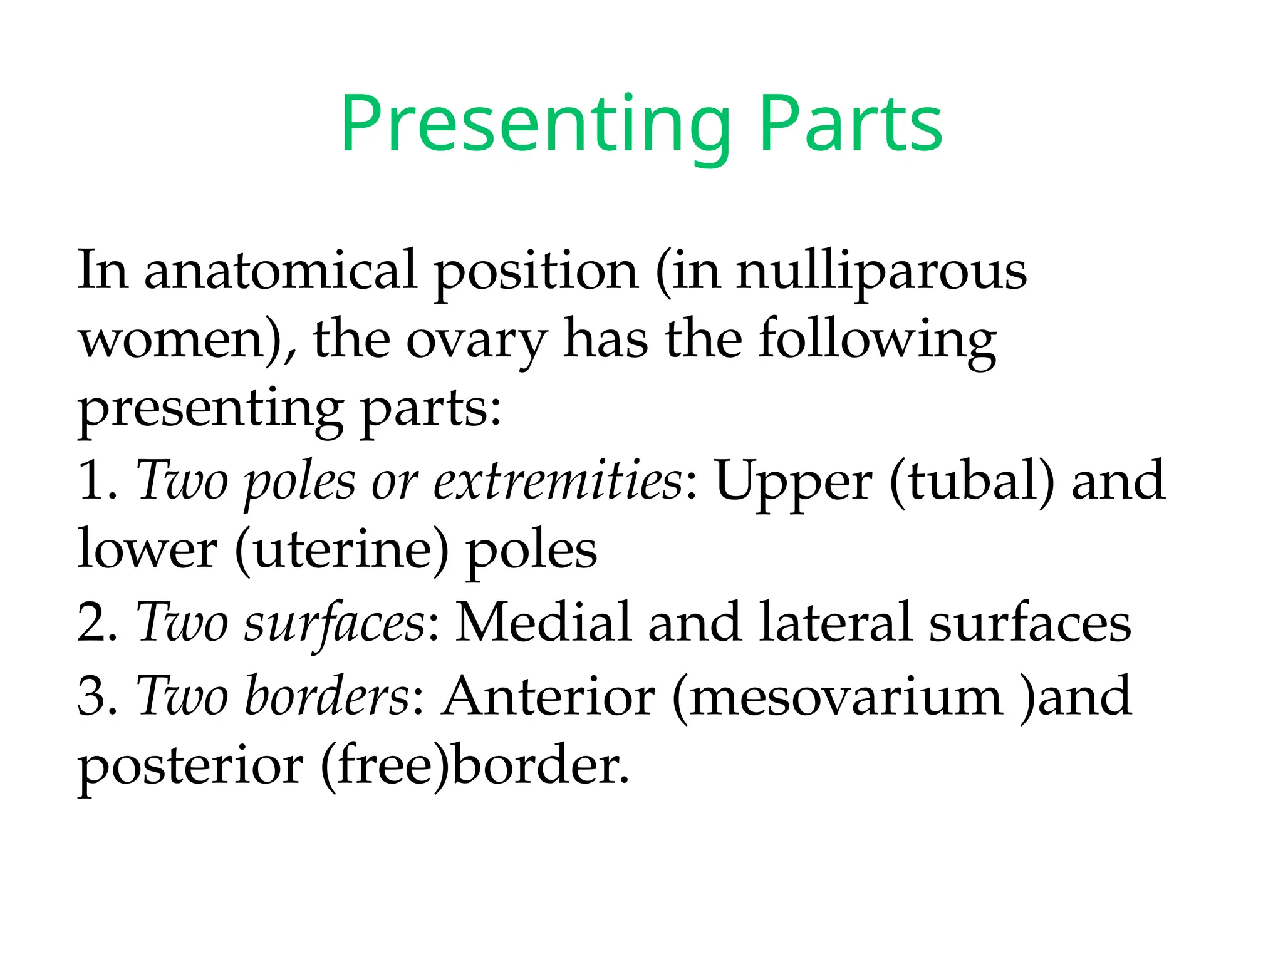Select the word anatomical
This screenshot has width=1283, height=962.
point(281,271)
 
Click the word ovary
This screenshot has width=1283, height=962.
point(477,341)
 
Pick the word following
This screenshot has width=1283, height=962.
point(877,341)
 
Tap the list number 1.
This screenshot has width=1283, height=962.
point(93,482)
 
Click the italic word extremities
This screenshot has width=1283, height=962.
point(558,482)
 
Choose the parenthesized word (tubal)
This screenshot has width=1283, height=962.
point(972,482)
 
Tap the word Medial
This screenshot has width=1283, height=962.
point(543,623)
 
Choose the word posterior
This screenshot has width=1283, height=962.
point(190,767)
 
